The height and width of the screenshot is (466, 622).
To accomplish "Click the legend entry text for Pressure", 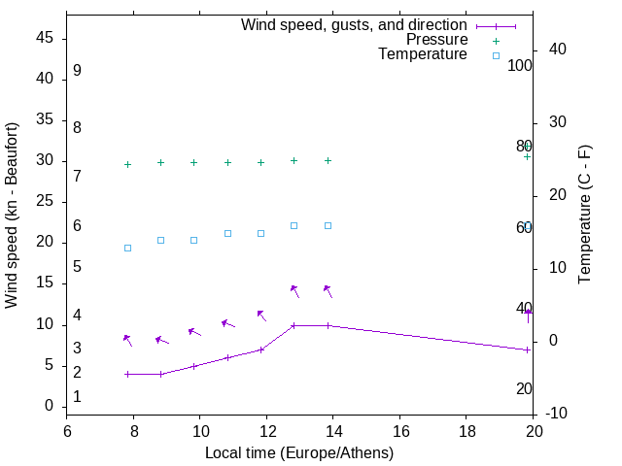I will pyautogui.click(x=436, y=40).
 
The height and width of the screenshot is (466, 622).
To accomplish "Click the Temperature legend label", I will pyautogui.click(x=423, y=54).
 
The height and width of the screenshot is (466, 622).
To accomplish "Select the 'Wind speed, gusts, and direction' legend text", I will pyautogui.click(x=355, y=24).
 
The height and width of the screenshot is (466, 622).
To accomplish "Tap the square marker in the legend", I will pyautogui.click(x=496, y=55).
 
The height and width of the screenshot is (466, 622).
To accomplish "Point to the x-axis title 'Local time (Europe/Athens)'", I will pyautogui.click(x=299, y=452).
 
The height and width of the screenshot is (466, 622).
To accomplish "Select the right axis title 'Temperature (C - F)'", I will pyautogui.click(x=584, y=216).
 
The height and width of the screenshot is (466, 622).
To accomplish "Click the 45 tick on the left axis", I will pyautogui.click(x=45, y=39).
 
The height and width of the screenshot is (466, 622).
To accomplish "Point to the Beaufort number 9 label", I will pyautogui.click(x=77, y=71).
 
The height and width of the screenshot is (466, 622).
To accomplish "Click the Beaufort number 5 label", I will pyautogui.click(x=77, y=267).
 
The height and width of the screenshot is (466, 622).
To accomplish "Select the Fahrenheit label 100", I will pyautogui.click(x=520, y=65).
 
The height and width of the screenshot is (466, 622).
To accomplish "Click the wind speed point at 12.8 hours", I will pyautogui.click(x=294, y=325).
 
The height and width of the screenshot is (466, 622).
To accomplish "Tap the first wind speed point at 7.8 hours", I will pyautogui.click(x=127, y=374).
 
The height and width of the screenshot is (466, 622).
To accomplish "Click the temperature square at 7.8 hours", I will pyautogui.click(x=127, y=248).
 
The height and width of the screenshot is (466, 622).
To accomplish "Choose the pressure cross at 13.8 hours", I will pyautogui.click(x=328, y=160).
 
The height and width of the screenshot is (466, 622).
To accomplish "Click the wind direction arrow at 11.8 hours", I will pyautogui.click(x=261, y=315).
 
